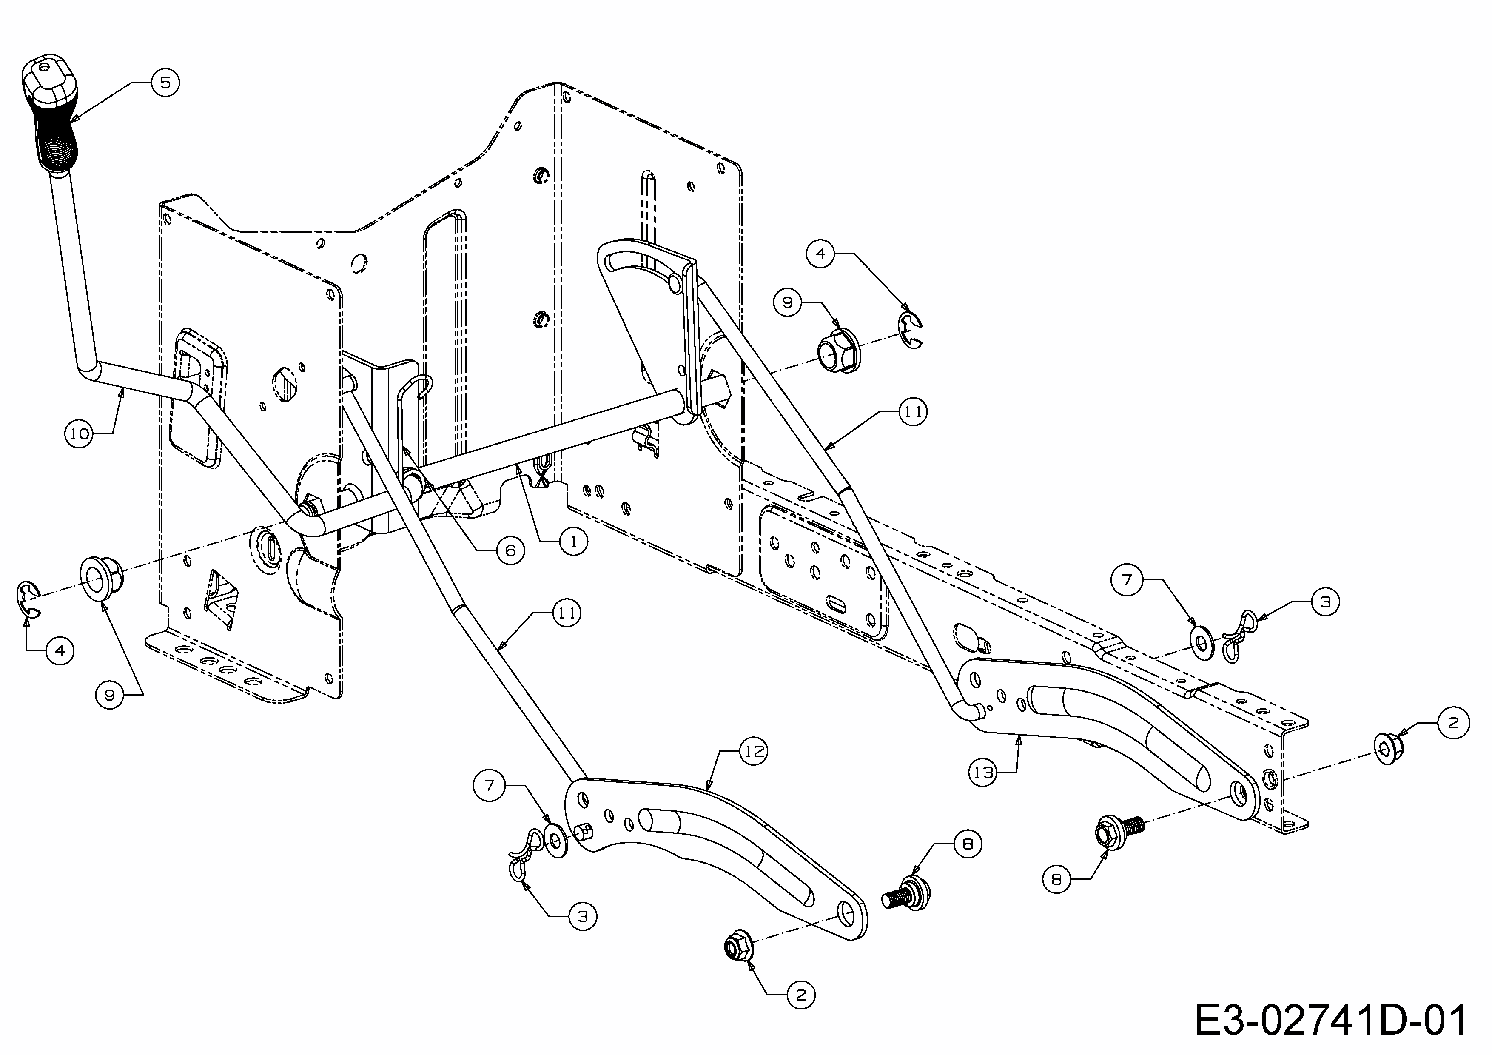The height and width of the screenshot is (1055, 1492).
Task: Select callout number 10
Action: (79, 433)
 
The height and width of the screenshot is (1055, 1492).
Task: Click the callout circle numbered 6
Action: (510, 550)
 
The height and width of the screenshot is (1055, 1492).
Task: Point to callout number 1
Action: (573, 541)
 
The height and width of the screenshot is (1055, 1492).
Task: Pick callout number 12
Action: (754, 751)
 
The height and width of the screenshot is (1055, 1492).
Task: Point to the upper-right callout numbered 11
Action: (913, 412)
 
